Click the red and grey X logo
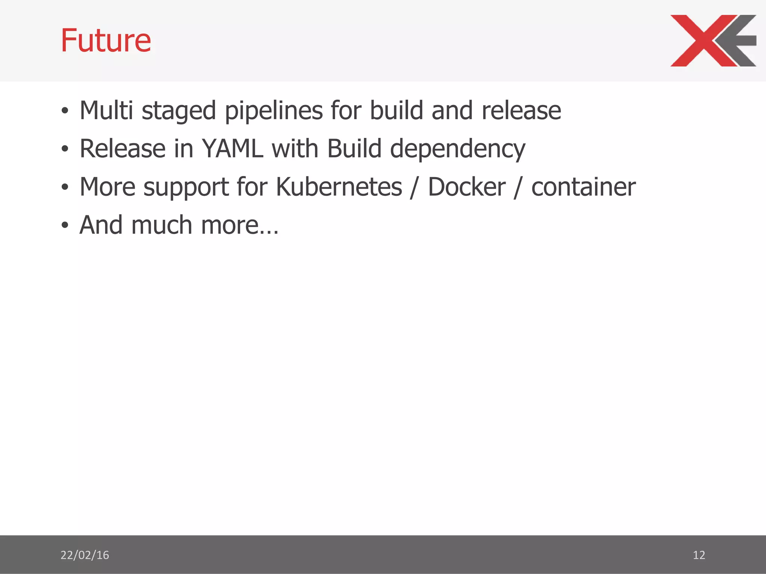(x=713, y=40)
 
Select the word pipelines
(x=273, y=111)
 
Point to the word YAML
(x=232, y=148)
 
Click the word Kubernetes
(x=338, y=186)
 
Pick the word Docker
(x=466, y=186)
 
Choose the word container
(x=583, y=186)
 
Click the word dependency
(x=457, y=149)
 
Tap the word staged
(x=179, y=111)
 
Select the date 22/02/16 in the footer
(x=85, y=555)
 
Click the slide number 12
(x=699, y=555)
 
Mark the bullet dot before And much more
(x=65, y=225)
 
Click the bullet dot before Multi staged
(x=65, y=111)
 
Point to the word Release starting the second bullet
(x=123, y=148)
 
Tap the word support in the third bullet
(x=186, y=187)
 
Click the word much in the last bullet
(x=162, y=225)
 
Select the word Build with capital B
(x=354, y=148)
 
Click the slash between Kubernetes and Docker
(x=414, y=187)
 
